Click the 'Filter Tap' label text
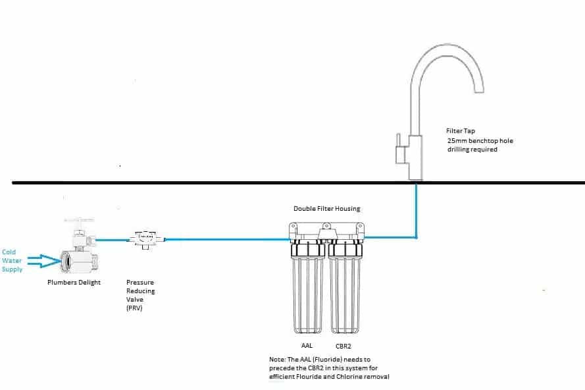click(x=461, y=130)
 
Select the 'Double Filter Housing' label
click(x=326, y=209)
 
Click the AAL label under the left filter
click(x=307, y=345)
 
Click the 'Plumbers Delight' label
click(x=74, y=282)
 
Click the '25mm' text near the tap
click(x=455, y=140)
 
